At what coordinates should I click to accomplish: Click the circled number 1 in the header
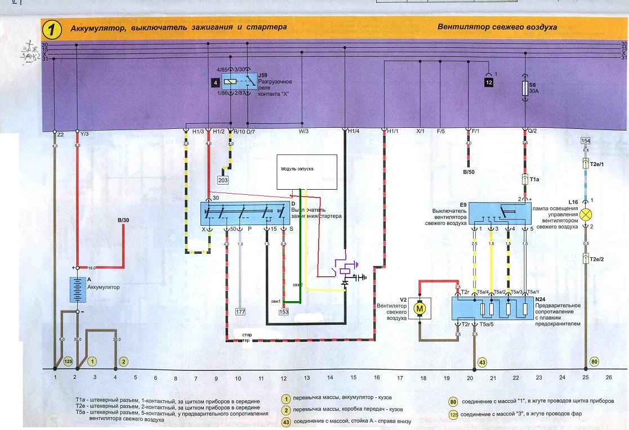[x=52, y=28]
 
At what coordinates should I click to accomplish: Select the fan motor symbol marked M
[x=420, y=308]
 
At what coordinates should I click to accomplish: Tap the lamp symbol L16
[x=586, y=214]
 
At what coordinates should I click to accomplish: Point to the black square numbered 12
[x=489, y=82]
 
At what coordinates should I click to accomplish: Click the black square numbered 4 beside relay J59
[x=216, y=83]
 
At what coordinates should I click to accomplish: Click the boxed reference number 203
[x=224, y=181]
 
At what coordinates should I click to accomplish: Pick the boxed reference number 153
[x=283, y=311]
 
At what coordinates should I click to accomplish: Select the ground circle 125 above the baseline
[x=68, y=361]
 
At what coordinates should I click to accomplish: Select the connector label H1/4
[x=354, y=131]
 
